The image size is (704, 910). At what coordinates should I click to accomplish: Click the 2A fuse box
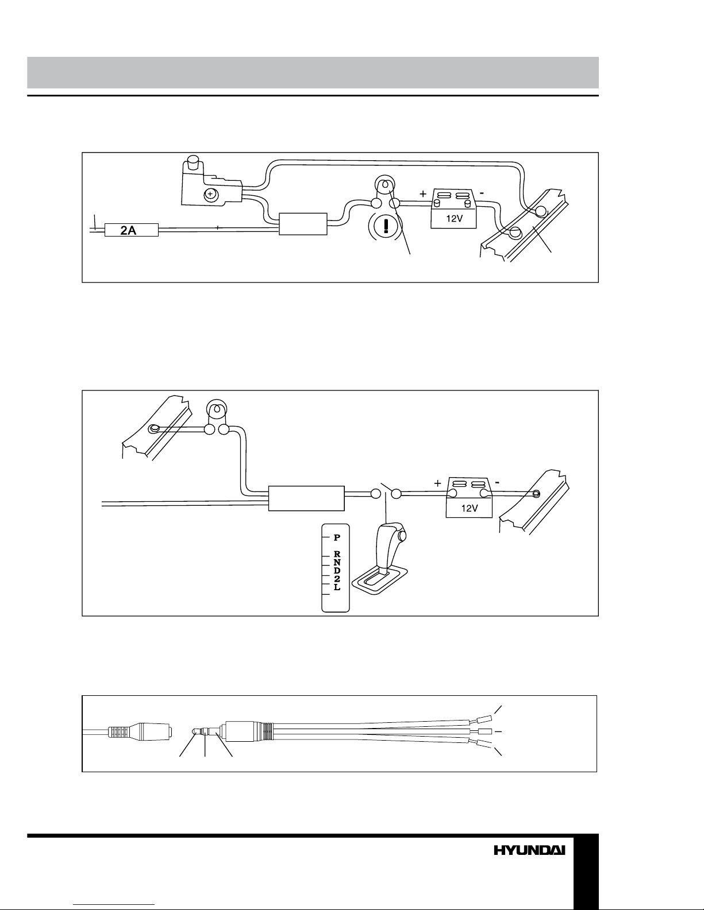coord(131,230)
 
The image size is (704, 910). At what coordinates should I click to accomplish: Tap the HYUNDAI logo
coord(529,850)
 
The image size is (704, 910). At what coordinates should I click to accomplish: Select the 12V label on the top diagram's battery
coord(454,218)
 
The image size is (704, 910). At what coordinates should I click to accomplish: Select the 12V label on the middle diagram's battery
coord(470,508)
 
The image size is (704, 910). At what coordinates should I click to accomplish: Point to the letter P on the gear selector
coord(337,537)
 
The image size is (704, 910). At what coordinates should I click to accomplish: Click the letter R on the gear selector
coord(337,555)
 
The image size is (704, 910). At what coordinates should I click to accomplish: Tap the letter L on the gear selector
coord(337,587)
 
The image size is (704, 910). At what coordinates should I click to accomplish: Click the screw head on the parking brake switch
coord(210,194)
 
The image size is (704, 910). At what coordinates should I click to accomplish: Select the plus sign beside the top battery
coord(423,194)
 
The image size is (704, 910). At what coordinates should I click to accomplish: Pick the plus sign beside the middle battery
coord(438,483)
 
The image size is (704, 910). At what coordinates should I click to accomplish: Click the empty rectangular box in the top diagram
coord(303,224)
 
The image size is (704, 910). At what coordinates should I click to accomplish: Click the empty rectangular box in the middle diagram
coord(306,498)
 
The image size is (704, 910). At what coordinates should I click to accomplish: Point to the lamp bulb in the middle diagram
coord(217,409)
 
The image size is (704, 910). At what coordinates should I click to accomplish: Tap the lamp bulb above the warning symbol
coord(384,184)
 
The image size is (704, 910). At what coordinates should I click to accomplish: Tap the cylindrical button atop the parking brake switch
coord(193,162)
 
